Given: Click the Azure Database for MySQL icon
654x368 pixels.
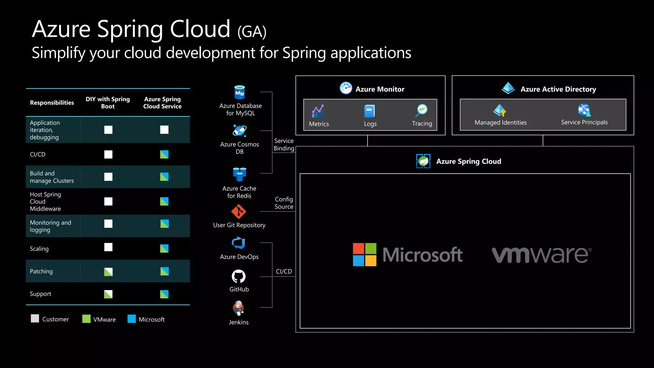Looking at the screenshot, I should click(240, 93).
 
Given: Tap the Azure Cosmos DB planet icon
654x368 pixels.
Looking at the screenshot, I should click(240, 131).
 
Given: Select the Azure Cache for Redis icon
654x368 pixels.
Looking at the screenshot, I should click(240, 174).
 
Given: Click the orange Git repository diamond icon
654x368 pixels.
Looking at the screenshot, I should click(239, 212).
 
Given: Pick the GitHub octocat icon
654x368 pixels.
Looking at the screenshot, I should click(239, 276).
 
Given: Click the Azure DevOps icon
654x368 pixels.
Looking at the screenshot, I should click(239, 243).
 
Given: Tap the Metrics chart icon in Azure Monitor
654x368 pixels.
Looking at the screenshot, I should click(318, 111).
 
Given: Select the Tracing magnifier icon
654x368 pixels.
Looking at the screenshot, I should click(422, 111).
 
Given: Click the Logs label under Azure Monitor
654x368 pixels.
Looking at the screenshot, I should click(370, 124).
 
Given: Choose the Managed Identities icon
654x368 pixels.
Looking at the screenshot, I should click(500, 111).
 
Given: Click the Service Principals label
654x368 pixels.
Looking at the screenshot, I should click(584, 122).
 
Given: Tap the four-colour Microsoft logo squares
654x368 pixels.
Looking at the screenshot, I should click(364, 255).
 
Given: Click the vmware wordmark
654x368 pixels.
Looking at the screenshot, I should click(541, 255).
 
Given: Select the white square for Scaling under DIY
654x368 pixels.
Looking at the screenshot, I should click(108, 247).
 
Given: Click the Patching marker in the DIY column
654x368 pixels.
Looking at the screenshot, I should click(108, 272).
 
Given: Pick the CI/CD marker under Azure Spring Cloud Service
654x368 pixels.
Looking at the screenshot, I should click(164, 154).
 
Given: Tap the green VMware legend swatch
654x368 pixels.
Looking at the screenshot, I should click(86, 319).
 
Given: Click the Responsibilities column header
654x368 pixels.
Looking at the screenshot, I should click(52, 103).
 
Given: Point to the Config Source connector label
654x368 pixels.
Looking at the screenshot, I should click(284, 203).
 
